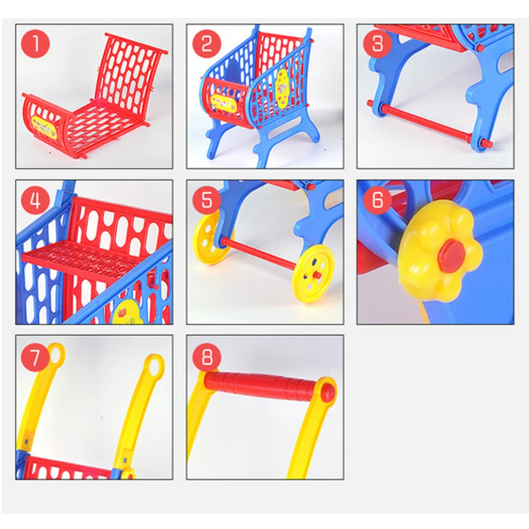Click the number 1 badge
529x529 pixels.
click(35, 44)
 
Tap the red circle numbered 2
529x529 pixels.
click(207, 44)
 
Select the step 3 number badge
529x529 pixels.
click(378, 44)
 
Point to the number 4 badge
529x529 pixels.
click(35, 200)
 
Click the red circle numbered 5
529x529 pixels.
click(207, 200)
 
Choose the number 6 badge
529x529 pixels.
click(378, 200)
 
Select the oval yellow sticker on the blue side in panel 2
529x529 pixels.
click(282, 89)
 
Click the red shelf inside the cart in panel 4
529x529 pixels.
click(83, 258)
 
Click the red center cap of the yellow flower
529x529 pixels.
click(452, 256)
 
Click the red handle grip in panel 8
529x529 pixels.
click(261, 385)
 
